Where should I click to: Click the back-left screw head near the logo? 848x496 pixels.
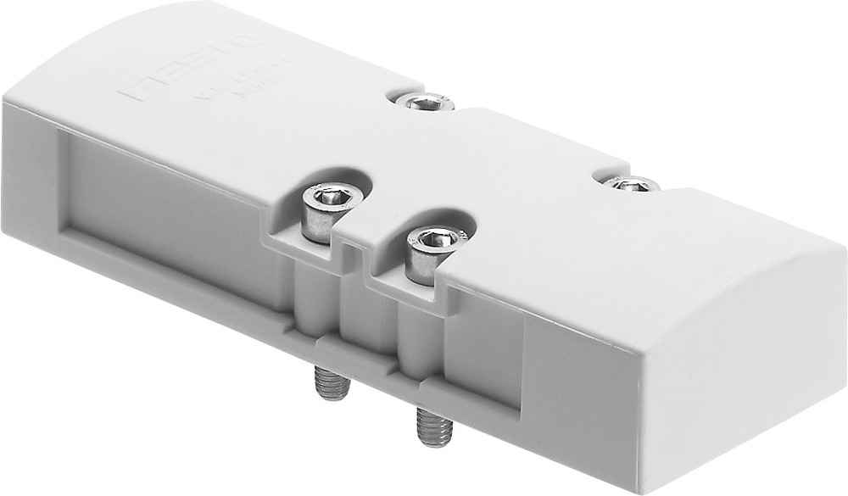click(425, 103)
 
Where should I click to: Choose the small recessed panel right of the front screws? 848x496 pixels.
click(483, 356)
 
